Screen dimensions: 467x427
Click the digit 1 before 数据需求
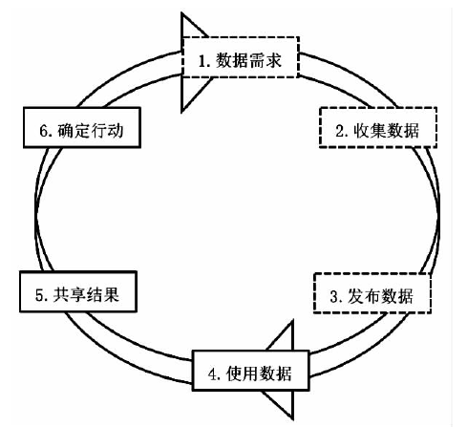click(x=202, y=61)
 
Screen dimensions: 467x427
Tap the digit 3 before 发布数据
click(x=334, y=297)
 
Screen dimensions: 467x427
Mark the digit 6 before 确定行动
click(x=44, y=131)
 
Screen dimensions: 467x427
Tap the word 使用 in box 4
click(x=243, y=374)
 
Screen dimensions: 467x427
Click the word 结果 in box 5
click(x=103, y=294)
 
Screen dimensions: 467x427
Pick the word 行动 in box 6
click(x=107, y=130)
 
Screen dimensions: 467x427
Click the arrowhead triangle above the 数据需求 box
click(x=190, y=28)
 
